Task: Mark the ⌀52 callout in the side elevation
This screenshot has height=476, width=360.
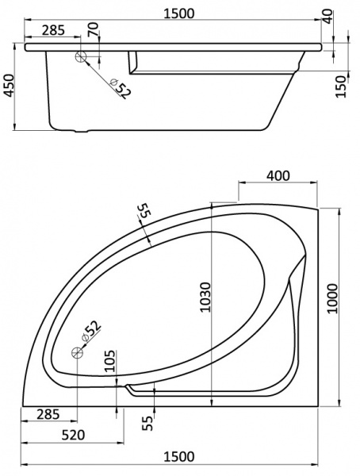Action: [x=119, y=87]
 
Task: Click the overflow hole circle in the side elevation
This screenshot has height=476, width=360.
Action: [x=81, y=57]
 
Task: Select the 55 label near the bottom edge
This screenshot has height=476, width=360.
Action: [x=147, y=422]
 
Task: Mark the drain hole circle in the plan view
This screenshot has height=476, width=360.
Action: [x=78, y=351]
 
